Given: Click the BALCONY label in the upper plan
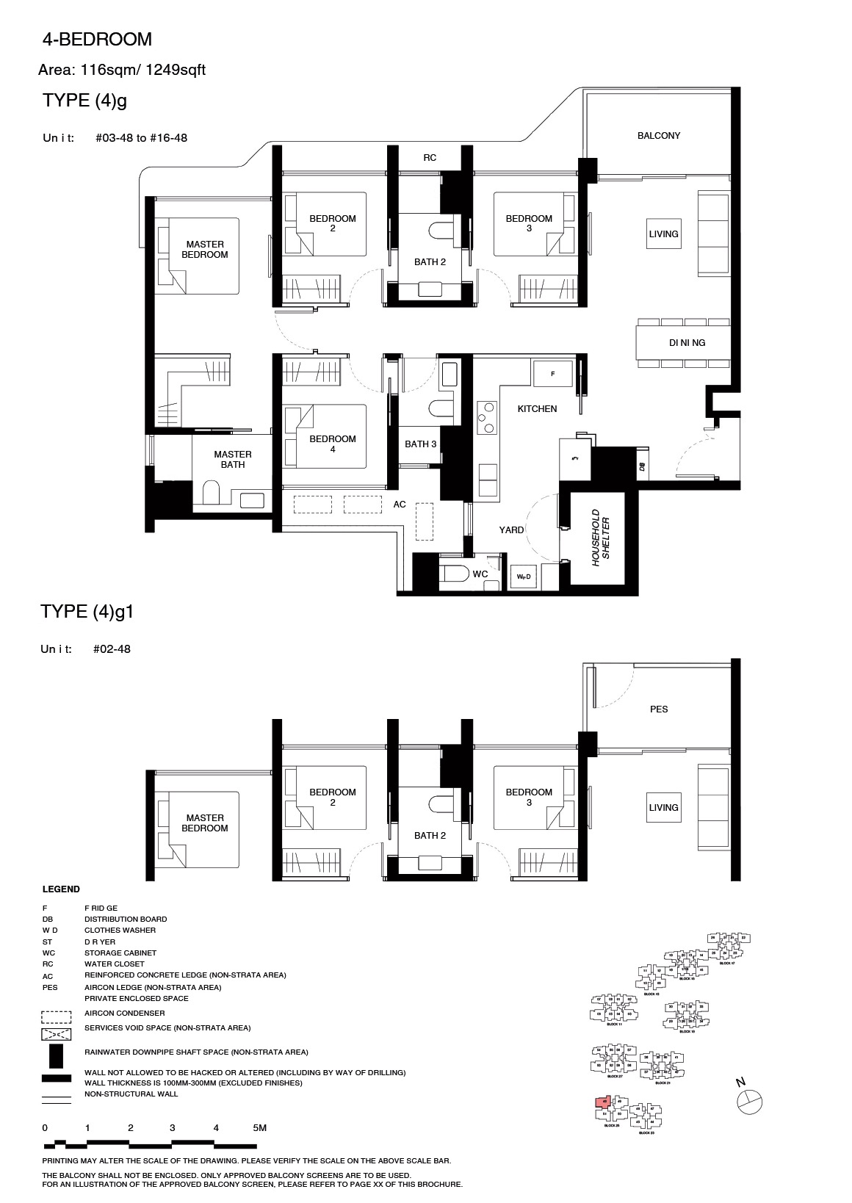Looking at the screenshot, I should coord(658,136).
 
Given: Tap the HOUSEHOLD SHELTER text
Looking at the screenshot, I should coord(601,537).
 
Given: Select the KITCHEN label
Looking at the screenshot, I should coord(537,409).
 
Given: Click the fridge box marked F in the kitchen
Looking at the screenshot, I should coord(552,373).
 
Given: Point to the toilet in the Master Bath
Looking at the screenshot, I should coord(211,493).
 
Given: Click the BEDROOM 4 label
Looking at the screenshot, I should coord(332,444).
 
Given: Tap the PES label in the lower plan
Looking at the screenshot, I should coord(658,709).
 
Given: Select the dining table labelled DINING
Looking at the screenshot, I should coord(683,342).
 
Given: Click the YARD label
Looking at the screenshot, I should coord(511,530).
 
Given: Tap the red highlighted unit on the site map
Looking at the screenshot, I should coord(603,1102).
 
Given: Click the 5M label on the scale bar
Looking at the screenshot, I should coord(259,1127).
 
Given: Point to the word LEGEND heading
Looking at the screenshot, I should coord(61,889).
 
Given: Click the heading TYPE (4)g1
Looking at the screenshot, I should coord(87,612).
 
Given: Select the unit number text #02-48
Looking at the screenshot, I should coord(112,649).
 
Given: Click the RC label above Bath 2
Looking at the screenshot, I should coord(430,158).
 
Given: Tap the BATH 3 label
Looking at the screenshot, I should coord(420,444).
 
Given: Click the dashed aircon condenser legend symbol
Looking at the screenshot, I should coord(57,1017).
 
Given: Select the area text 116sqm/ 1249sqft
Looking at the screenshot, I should coord(145,71).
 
